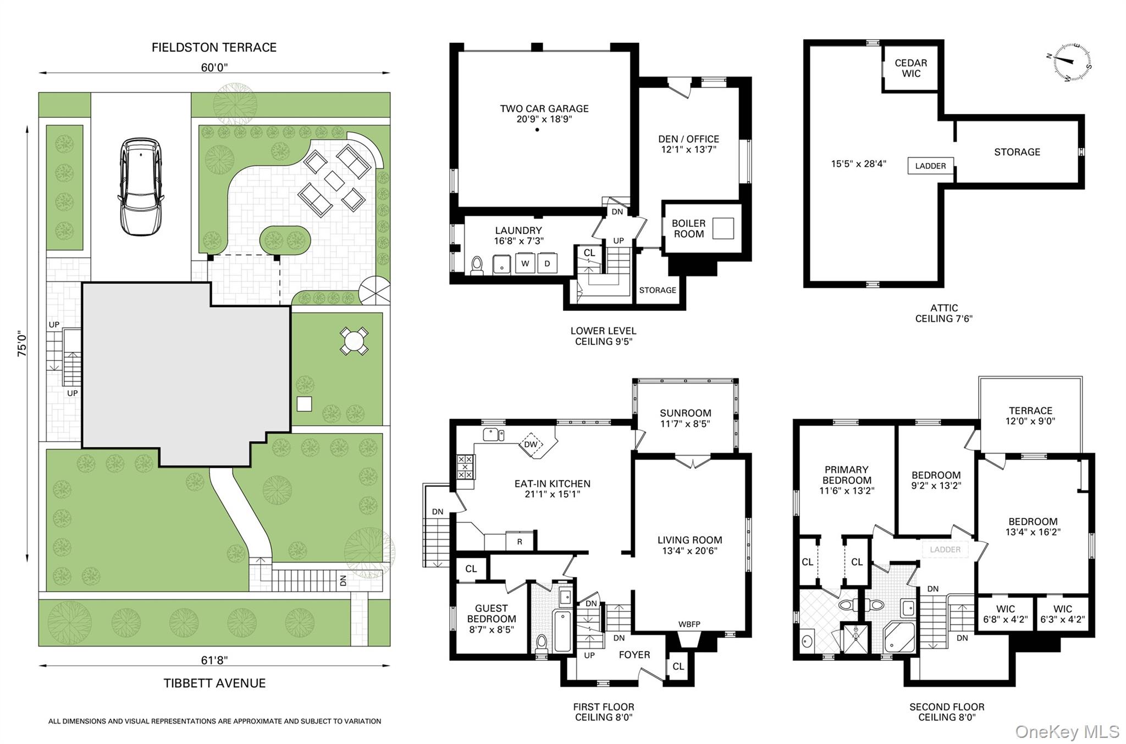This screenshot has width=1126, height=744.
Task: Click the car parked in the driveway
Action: coord(140,187)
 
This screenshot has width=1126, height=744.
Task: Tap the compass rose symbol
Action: coord(1072,63)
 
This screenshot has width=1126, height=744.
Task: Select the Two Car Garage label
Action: coord(544,108)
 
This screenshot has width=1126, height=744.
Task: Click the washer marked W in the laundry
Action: coord(525,263)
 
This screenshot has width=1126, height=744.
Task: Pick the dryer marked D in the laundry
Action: coord(547,263)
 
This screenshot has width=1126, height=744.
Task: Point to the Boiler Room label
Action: coord(688,228)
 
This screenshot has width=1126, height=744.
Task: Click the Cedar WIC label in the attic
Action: coord(911,68)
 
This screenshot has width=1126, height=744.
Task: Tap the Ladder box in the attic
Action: coord(930,166)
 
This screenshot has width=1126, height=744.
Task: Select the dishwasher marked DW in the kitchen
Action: coord(531,444)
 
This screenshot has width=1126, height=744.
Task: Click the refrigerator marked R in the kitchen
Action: coord(520,541)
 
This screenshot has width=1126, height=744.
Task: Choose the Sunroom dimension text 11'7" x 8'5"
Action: coord(686,424)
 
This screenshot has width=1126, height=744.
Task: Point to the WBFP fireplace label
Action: coord(689,624)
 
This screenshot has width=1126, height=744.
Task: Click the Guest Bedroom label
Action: coord(491,613)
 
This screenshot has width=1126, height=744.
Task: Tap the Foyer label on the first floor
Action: coord(634,654)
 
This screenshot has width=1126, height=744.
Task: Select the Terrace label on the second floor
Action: coord(1030,411)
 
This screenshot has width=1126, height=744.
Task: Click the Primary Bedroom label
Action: coord(846,474)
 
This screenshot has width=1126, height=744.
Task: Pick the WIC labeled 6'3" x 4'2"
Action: coord(1062,614)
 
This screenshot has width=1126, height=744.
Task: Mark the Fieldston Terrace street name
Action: coord(214,47)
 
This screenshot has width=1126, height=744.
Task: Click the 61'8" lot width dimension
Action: coord(214,660)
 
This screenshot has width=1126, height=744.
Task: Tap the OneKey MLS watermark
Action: coord(1067,731)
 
